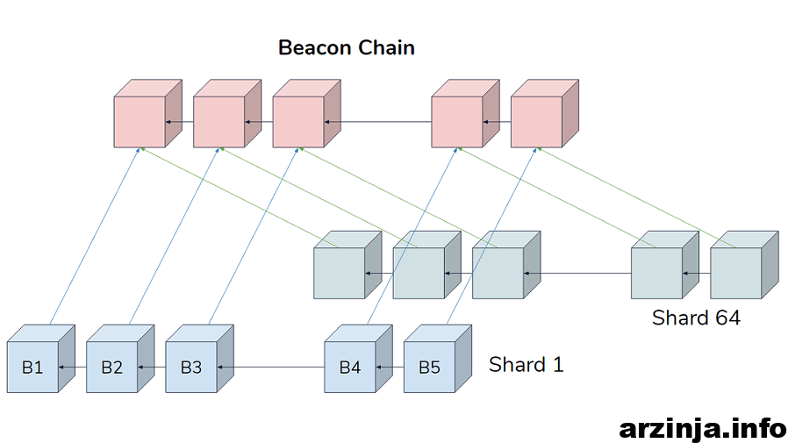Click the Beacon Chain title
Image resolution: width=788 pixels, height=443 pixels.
coord(347,47)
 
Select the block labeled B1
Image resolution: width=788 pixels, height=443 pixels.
coord(40,359)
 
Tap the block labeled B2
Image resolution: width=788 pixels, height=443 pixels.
coord(120,359)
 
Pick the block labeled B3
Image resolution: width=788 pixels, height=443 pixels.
coord(199,359)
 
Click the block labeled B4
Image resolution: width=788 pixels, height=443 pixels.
coord(358,359)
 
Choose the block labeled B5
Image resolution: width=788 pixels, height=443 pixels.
coord(438,359)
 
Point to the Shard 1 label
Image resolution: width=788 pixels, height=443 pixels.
coord(527,365)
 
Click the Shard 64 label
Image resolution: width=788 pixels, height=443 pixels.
coord(696,318)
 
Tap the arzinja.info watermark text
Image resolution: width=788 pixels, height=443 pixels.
coord(703,429)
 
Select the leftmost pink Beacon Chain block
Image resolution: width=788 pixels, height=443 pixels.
coord(147,113)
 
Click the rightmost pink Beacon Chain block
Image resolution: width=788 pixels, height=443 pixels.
coord(545,113)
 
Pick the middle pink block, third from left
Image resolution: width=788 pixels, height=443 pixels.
coord(306,113)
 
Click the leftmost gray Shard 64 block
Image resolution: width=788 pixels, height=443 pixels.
coord(347,265)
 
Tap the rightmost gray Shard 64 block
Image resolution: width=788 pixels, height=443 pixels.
coord(744,265)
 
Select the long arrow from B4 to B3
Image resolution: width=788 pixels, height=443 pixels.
coord(271,368)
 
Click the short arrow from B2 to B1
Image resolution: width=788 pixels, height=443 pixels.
coord(72,368)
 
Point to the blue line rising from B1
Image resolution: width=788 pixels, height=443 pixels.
coord(95,236)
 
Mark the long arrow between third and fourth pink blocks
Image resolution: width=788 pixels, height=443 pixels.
coord(378,122)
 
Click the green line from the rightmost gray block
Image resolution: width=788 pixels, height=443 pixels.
coord(635,197)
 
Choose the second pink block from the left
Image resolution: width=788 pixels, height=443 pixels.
coord(227,113)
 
